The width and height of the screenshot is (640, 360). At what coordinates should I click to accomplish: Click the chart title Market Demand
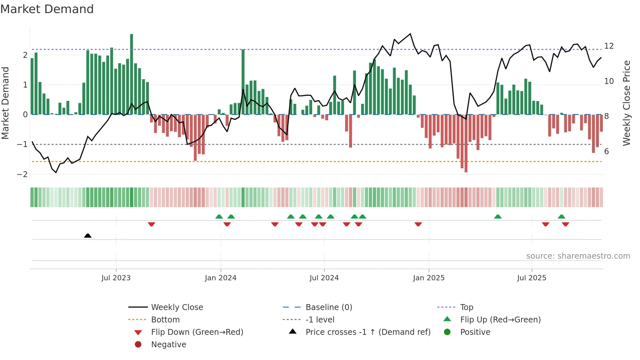(x=47, y=9)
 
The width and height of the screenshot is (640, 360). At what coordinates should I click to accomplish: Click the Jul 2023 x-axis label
(x=116, y=278)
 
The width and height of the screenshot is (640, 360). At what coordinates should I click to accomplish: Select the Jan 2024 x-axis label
(x=220, y=278)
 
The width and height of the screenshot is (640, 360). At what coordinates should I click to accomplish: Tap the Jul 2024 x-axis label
(x=324, y=278)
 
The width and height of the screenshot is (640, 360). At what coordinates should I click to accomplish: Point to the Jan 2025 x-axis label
(x=428, y=278)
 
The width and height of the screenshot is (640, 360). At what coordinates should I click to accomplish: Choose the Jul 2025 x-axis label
(x=532, y=278)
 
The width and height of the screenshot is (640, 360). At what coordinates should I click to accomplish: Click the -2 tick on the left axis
(x=22, y=174)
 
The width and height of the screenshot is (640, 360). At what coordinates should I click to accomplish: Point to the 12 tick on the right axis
(x=609, y=46)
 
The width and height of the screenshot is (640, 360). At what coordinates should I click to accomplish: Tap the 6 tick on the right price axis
(x=606, y=151)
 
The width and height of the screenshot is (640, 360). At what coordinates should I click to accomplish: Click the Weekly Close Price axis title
(x=626, y=103)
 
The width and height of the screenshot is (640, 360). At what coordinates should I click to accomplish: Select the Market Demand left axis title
(x=5, y=103)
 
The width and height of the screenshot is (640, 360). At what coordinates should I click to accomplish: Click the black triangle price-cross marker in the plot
(x=88, y=236)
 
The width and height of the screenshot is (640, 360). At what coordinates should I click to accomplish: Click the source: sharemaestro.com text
(x=578, y=256)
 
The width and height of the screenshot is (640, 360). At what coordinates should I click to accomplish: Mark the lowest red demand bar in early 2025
(x=466, y=144)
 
